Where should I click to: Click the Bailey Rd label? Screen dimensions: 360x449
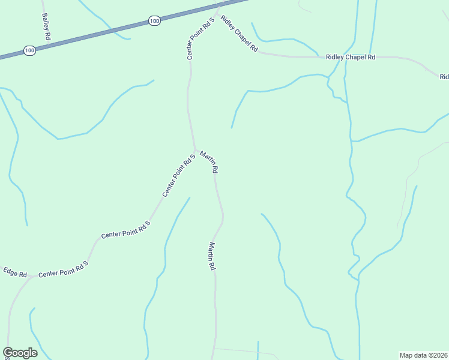tap(46, 28)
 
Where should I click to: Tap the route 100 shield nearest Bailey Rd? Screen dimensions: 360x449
tap(29, 51)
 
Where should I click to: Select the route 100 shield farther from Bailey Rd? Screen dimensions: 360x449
tap(154, 21)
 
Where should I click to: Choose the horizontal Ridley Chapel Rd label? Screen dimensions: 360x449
tap(351, 57)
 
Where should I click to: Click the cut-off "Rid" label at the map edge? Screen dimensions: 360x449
tap(444, 77)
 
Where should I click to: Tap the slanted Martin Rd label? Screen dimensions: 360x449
tap(209, 162)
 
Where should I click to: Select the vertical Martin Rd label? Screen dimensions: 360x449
tap(212, 256)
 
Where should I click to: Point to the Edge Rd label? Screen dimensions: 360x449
tap(15, 272)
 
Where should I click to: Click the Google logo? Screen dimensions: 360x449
tap(20, 353)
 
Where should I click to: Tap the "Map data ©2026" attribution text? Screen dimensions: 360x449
tap(424, 355)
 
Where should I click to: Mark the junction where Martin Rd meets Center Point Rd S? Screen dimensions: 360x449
tap(194, 149)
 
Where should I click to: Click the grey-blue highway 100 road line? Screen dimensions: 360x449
tap(90, 35)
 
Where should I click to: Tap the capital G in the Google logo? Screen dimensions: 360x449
tap(8, 353)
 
